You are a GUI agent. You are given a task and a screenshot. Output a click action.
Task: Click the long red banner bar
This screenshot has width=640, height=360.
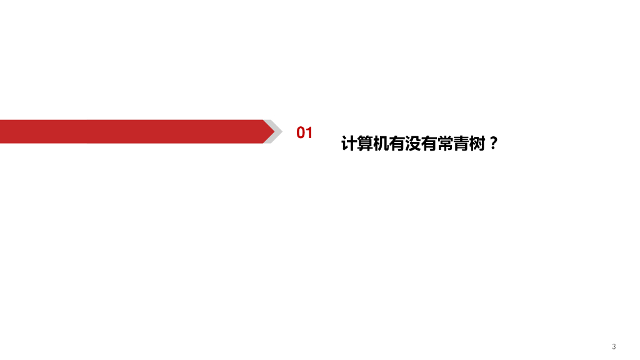[x=131, y=131]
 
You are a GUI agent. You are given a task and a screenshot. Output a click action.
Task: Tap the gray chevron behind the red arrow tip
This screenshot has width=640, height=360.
[x=279, y=131]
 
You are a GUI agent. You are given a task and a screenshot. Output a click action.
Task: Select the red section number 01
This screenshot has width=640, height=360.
[x=304, y=132]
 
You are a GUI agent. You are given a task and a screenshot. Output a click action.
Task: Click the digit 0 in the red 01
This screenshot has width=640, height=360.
[x=301, y=132]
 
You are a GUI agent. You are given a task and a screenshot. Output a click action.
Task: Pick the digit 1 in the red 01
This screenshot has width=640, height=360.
[x=309, y=132]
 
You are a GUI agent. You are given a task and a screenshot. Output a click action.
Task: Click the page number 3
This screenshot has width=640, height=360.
[x=614, y=346]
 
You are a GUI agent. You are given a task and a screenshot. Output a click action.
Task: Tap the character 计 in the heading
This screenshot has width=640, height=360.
[x=348, y=144]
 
